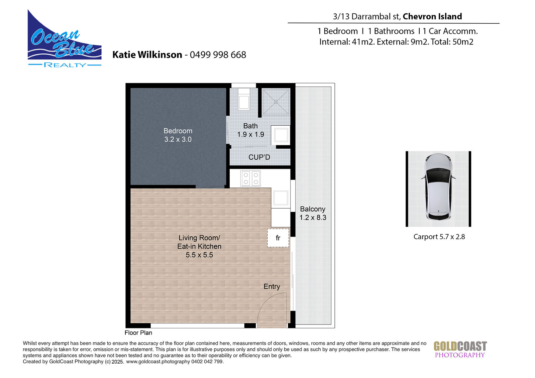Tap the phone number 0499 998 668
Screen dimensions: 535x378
218,55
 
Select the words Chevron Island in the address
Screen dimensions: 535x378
432,16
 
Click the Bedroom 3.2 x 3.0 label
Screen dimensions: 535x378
178,135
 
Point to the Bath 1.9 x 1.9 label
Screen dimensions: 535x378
250,130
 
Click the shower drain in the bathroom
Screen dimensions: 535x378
276,102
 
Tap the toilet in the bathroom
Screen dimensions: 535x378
244,99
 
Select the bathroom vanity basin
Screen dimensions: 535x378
281,135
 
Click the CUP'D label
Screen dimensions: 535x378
259,157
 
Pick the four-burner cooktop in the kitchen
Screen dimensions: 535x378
251,178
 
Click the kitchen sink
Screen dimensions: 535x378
281,198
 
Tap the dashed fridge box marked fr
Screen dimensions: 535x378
278,238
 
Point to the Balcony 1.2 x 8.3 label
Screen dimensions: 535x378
313,213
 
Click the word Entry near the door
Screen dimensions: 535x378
272,286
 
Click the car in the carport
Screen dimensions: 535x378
438,187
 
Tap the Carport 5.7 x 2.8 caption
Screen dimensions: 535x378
439,237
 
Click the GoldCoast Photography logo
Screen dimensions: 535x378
460,349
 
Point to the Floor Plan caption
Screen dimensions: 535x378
138,333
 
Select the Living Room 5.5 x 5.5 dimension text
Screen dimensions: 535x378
199,255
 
